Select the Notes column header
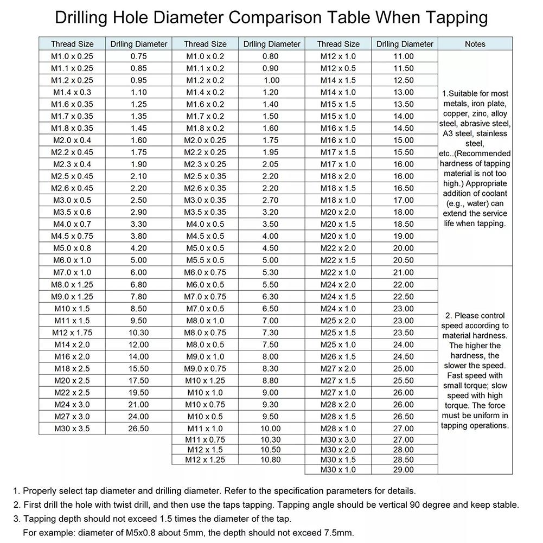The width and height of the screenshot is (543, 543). coord(475,44)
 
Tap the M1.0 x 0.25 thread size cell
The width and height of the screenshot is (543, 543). coord(72,56)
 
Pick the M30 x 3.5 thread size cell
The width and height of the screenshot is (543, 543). coord(72,429)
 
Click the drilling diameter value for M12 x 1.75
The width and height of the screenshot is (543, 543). coord(139,333)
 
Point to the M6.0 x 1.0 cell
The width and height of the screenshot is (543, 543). coord(72,260)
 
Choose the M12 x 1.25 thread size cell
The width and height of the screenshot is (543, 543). coord(205,459)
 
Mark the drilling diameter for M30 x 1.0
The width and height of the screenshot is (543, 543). coord(403,470)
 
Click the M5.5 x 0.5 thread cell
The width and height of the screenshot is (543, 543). coord(205,260)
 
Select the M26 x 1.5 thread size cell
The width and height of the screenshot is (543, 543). coord(338,356)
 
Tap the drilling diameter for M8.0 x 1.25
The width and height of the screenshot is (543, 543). coord(139,284)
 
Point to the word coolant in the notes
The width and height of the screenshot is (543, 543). coord(491,193)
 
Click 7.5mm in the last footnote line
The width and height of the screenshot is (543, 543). coord(337,532)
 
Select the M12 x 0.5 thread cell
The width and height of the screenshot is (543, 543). coord(338,68)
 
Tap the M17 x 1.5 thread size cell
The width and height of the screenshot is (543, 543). coord(338,152)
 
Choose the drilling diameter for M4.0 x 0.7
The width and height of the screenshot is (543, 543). coord(139,224)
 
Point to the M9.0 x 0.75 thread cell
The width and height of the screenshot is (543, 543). coord(205,368)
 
